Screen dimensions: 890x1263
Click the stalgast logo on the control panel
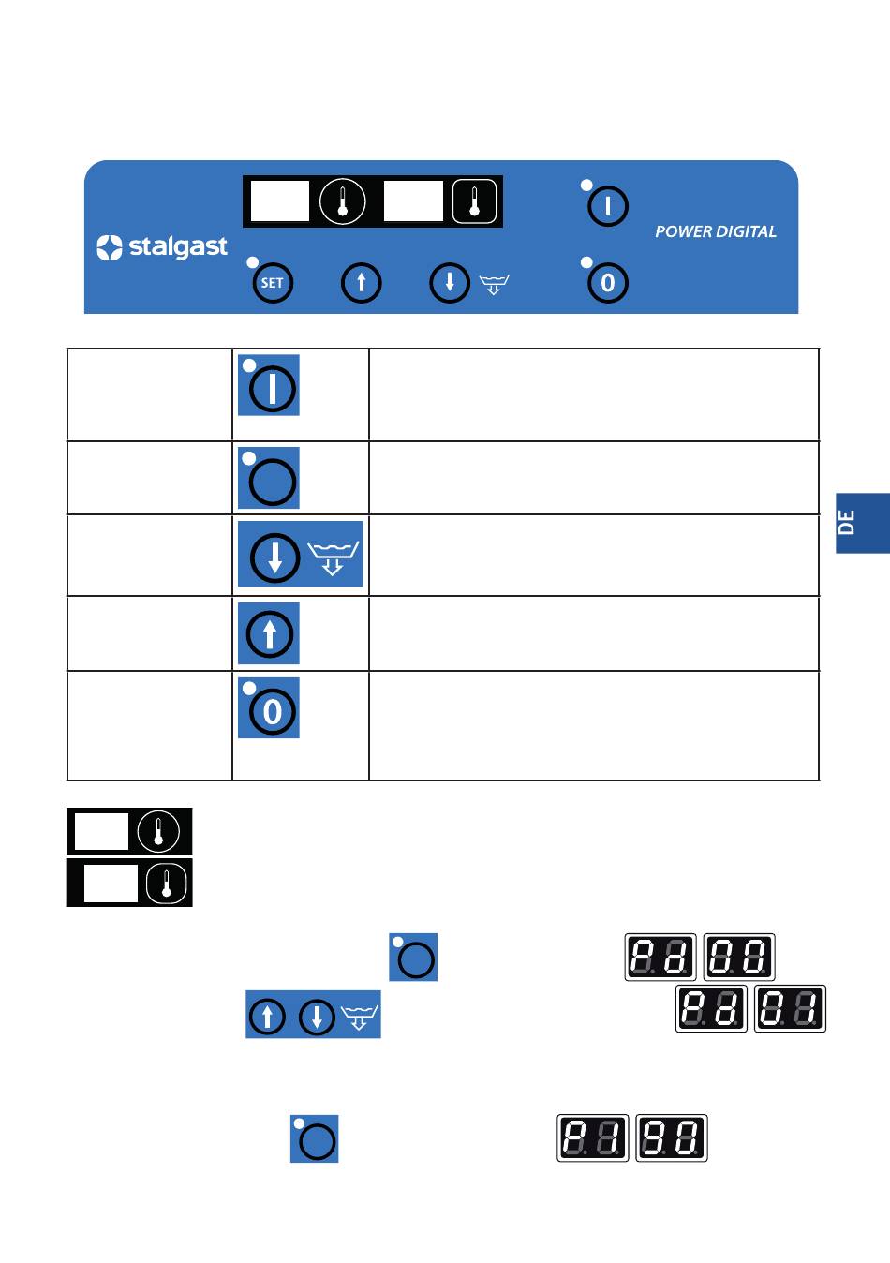click(x=162, y=247)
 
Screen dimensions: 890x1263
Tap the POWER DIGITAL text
click(x=715, y=231)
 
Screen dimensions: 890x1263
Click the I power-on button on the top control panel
click(x=608, y=206)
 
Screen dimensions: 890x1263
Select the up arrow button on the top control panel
click(x=362, y=282)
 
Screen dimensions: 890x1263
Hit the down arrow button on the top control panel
click(x=450, y=282)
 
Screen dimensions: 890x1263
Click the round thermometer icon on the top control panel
click(x=342, y=201)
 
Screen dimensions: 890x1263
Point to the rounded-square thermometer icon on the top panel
click(x=475, y=201)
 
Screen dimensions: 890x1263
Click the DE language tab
click(x=863, y=523)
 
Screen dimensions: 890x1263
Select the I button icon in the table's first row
click(x=269, y=385)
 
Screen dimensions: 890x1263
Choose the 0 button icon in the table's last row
click(x=269, y=707)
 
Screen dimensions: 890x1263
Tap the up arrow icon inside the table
click(x=269, y=633)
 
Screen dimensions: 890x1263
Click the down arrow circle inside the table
click(x=275, y=557)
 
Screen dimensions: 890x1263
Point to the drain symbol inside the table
click(x=333, y=558)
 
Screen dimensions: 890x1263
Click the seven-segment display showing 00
click(x=739, y=957)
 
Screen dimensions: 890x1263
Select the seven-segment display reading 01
click(x=790, y=1009)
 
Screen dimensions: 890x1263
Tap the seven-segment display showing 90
click(x=672, y=1137)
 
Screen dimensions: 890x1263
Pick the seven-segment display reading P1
click(x=592, y=1137)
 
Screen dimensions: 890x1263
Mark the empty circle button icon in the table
click(x=269, y=478)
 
